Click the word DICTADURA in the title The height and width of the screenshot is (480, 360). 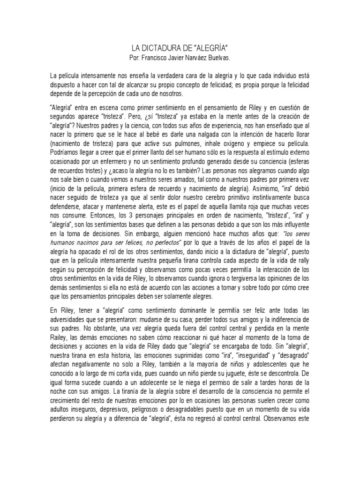tap(158, 48)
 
